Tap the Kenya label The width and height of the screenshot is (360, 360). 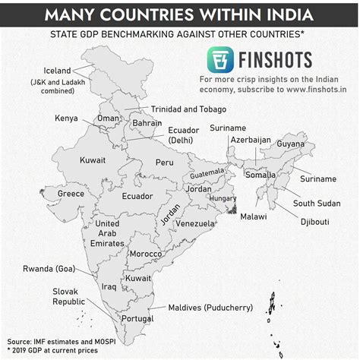tap(68, 118)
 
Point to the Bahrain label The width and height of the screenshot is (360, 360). tap(147, 123)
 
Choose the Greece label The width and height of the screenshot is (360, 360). tap(71, 194)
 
